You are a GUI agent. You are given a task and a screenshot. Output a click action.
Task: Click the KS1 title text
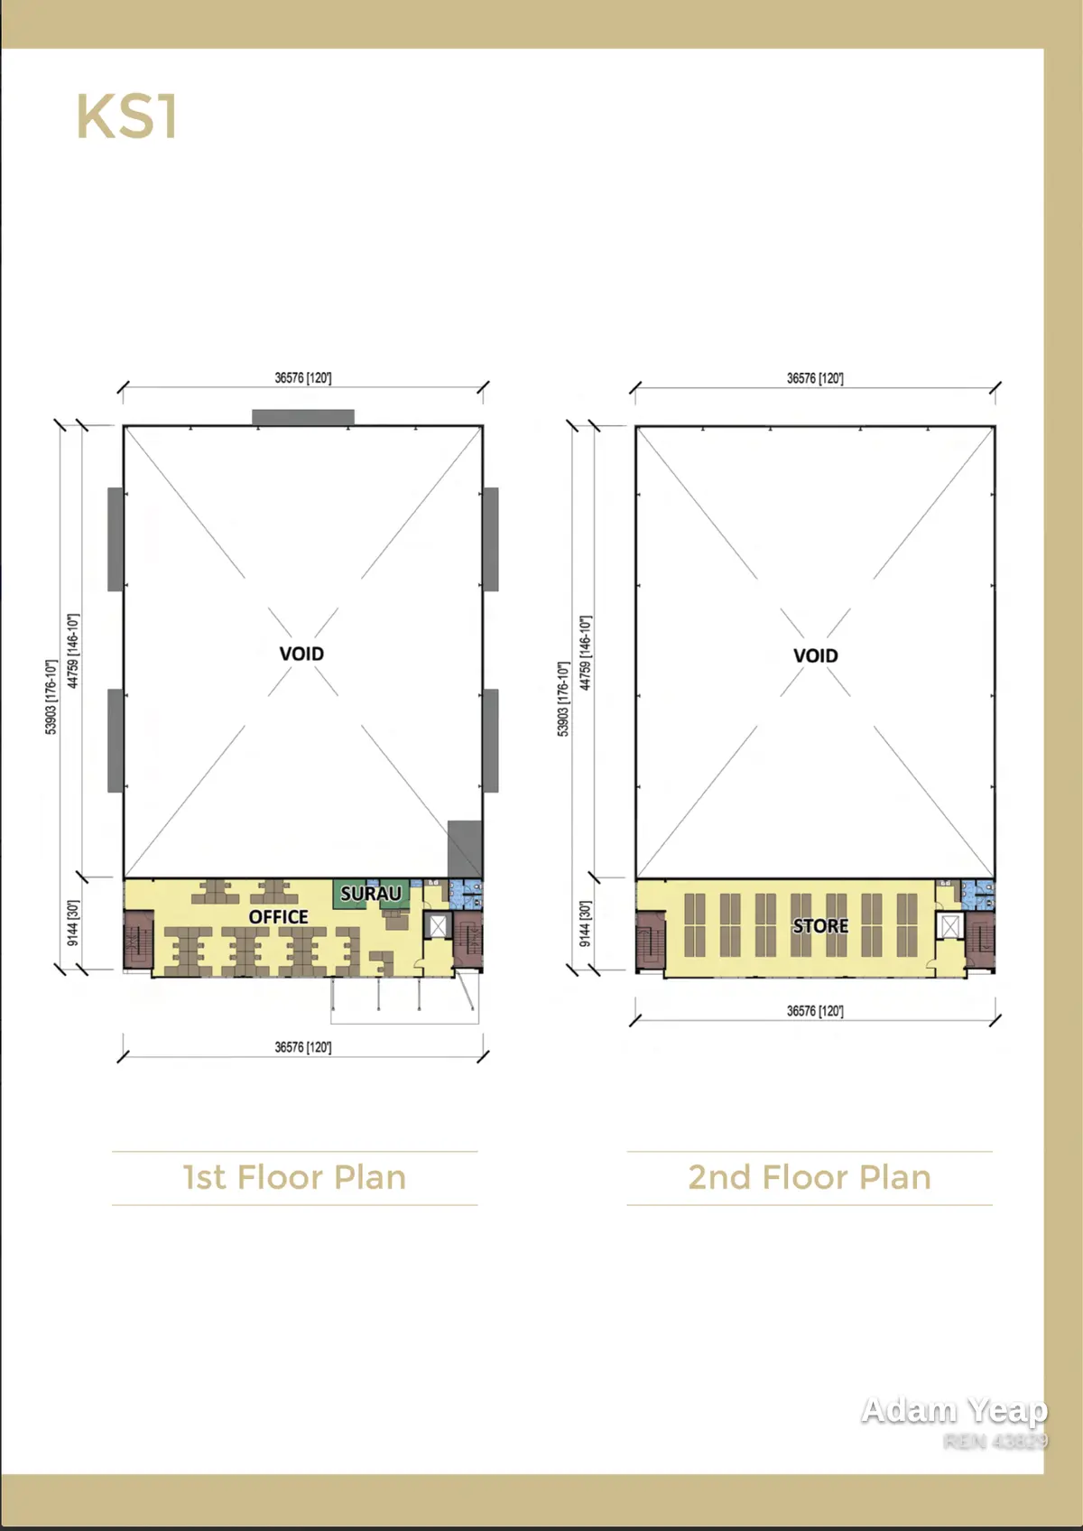tap(127, 116)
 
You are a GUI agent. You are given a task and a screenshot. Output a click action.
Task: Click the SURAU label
tap(371, 894)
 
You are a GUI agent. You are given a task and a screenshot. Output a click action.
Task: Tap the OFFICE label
tap(278, 916)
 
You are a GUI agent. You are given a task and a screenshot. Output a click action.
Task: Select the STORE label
tap(820, 925)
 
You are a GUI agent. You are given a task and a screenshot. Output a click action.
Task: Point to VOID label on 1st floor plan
tap(301, 654)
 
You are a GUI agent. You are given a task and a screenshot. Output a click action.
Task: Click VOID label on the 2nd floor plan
tap(815, 655)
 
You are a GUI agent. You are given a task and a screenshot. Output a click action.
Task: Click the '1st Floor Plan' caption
tap(294, 1178)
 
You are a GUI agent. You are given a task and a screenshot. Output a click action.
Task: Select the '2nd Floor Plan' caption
tap(810, 1178)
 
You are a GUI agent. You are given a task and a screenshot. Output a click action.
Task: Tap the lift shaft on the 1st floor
tap(438, 925)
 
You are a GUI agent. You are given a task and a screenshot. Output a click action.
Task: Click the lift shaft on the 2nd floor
tap(949, 926)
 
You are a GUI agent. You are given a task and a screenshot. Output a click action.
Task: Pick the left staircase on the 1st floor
tap(138, 940)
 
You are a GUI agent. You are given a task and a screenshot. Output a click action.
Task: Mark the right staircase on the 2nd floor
tap(980, 940)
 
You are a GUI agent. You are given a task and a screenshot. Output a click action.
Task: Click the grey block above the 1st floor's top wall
tap(302, 417)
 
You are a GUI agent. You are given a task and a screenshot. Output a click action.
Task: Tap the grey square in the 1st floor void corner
tap(465, 849)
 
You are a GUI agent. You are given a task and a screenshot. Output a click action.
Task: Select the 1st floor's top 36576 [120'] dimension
tap(302, 378)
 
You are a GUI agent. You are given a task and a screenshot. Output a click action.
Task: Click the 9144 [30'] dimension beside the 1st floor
tap(72, 923)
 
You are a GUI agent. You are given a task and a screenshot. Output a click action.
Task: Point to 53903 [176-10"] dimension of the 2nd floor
tap(563, 699)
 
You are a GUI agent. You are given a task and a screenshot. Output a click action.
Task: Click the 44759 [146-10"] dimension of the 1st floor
tap(72, 651)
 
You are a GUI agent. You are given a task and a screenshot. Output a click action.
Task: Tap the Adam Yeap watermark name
tap(954, 1410)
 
